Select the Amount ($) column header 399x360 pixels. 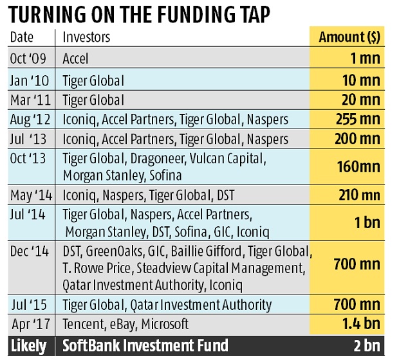click(x=349, y=37)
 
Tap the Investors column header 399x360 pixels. click(x=86, y=37)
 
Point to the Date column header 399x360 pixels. click(x=22, y=37)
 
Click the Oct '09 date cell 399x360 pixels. click(x=28, y=59)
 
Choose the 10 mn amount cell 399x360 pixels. click(x=361, y=80)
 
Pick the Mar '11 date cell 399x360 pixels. click(x=30, y=100)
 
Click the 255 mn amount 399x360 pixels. click(x=358, y=119)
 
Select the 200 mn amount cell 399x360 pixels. click(x=358, y=139)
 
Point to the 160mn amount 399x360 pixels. click(x=358, y=167)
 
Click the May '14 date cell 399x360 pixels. click(x=32, y=195)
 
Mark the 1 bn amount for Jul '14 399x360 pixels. click(x=367, y=223)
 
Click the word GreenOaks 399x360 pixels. click(x=114, y=251)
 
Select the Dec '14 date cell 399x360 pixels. click(x=30, y=251)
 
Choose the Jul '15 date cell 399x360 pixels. click(x=29, y=305)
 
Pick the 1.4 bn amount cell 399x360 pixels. click(x=361, y=324)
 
